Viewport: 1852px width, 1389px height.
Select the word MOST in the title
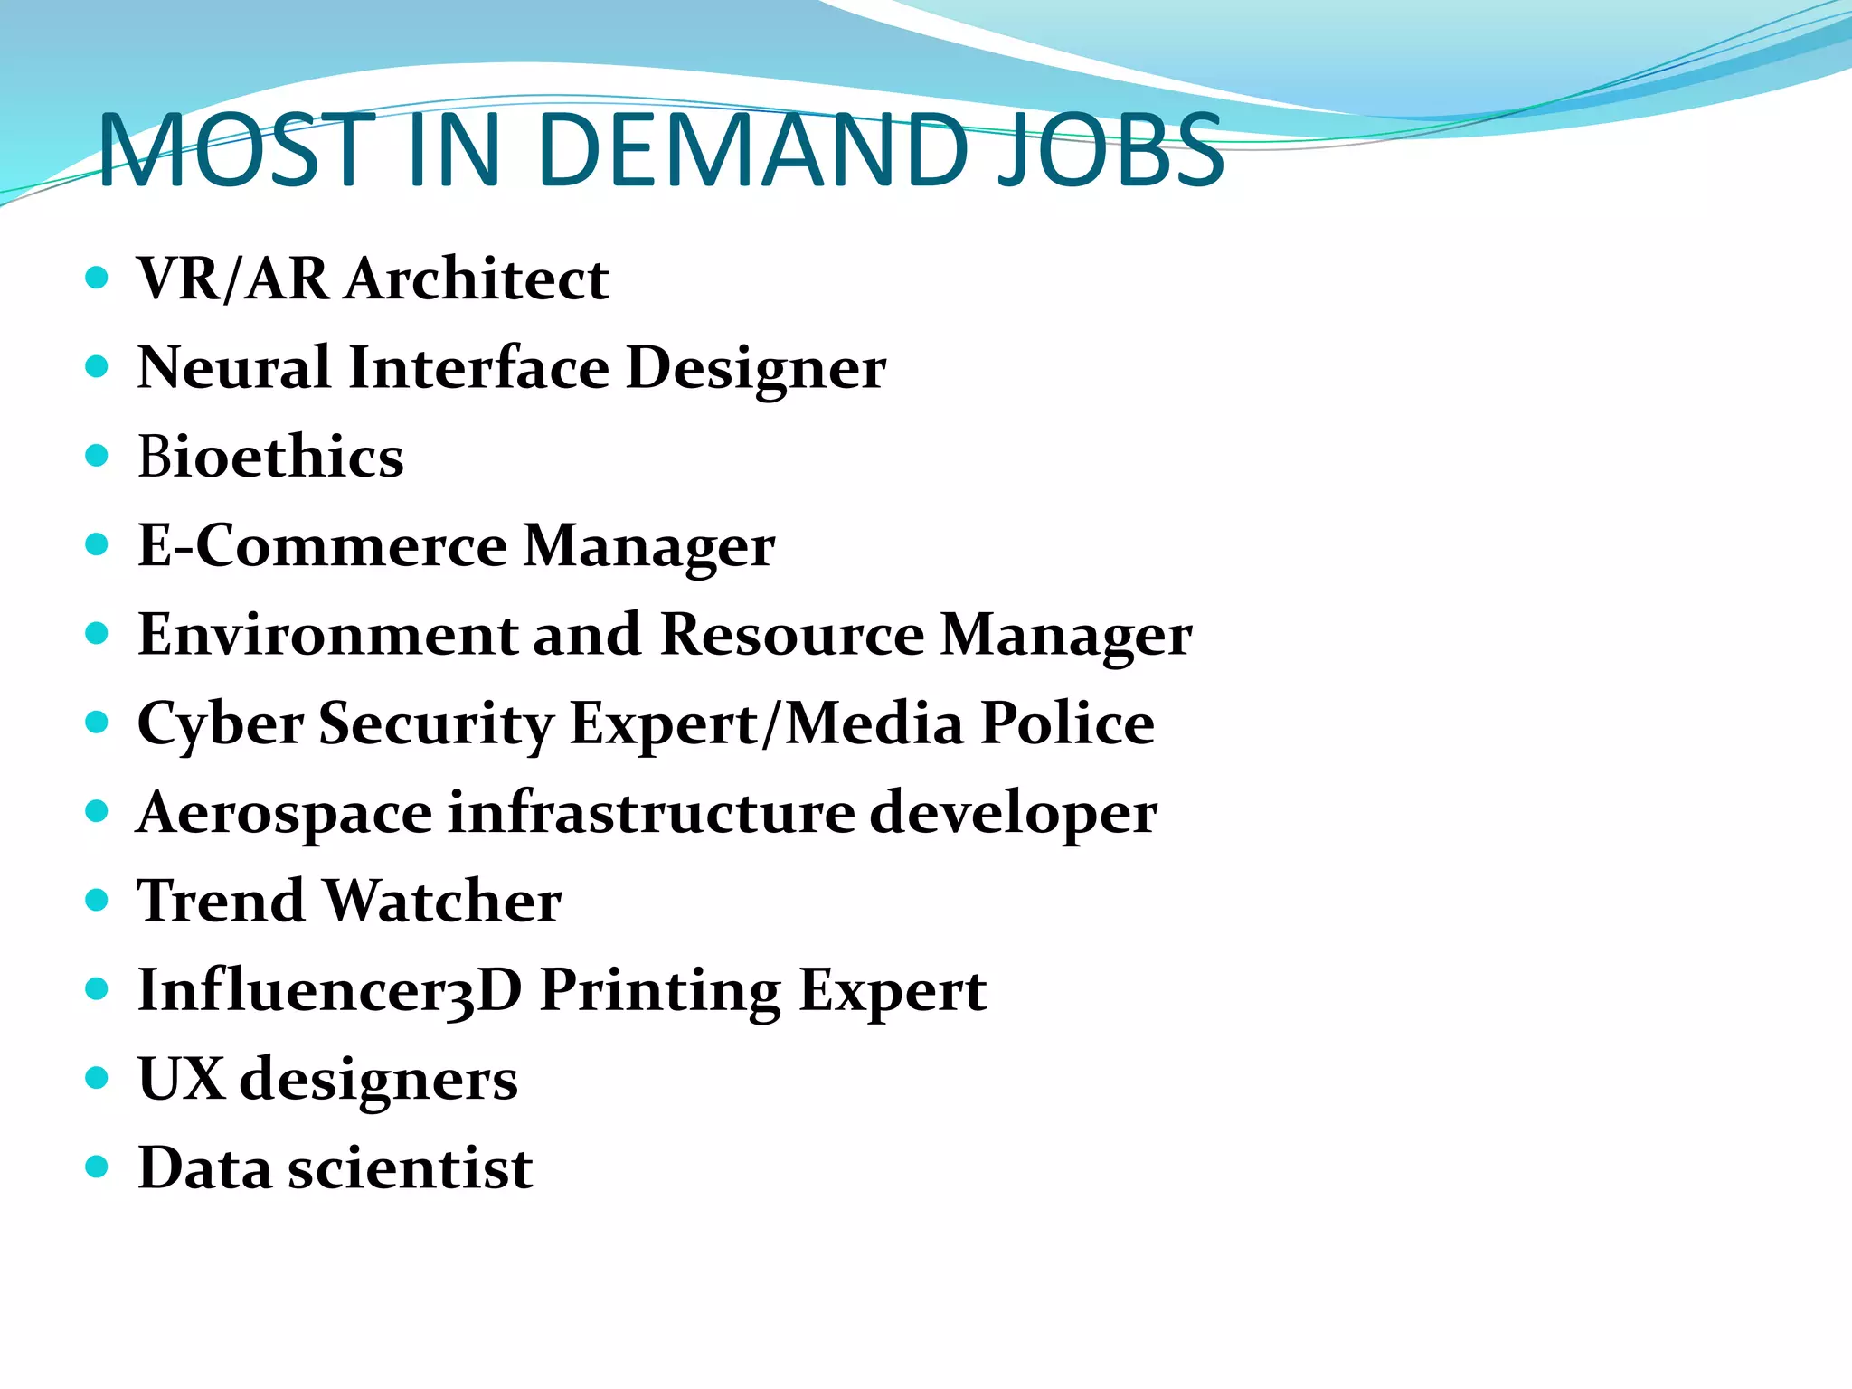[237, 150]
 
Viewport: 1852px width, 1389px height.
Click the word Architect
[478, 279]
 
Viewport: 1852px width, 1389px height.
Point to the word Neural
[234, 368]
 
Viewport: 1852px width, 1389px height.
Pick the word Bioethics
[270, 457]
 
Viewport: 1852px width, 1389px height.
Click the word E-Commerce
[323, 545]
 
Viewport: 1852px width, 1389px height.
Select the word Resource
[792, 635]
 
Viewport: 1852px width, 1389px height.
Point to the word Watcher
[442, 902]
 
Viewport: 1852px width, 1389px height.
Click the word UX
[181, 1079]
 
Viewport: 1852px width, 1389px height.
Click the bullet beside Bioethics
[97, 455]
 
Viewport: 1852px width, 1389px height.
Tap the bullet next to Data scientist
[97, 1167]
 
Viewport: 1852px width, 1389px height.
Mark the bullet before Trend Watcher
[97, 900]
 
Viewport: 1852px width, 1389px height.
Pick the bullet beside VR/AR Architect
[97, 277]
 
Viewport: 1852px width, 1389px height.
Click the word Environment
[327, 635]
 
